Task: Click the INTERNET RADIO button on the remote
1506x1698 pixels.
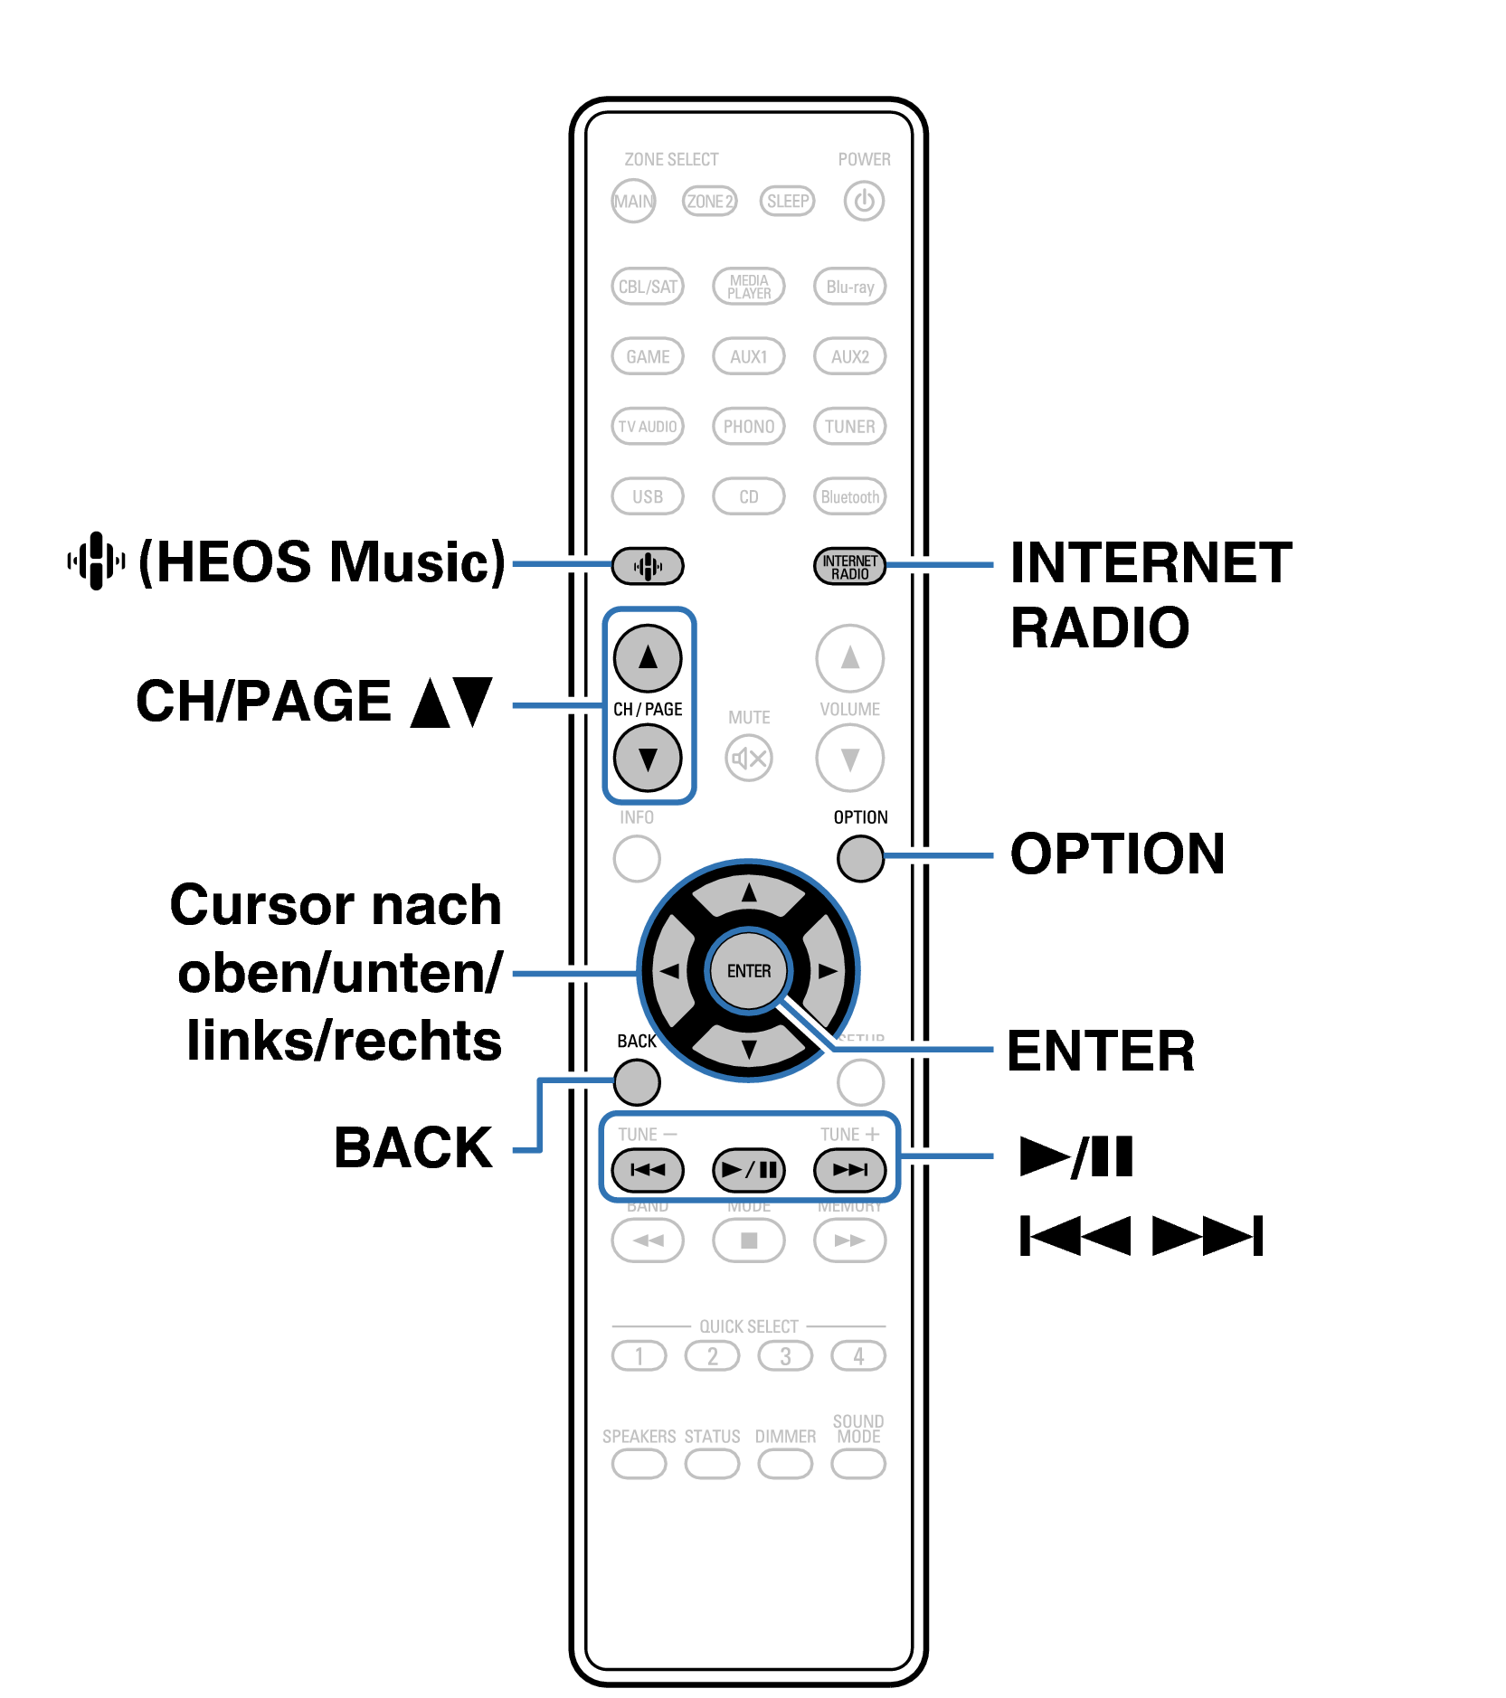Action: tap(849, 566)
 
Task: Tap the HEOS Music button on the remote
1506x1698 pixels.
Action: tap(648, 566)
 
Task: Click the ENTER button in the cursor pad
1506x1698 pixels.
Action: tap(749, 970)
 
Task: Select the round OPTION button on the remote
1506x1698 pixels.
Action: tap(860, 857)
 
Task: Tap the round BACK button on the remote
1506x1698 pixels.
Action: tap(637, 1081)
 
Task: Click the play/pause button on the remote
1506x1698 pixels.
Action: tap(749, 1169)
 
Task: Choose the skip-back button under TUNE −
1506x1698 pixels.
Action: tap(648, 1169)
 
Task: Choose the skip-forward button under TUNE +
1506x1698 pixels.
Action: tap(849, 1169)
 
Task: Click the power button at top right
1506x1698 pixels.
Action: tap(864, 201)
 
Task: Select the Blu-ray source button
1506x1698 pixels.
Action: tap(849, 287)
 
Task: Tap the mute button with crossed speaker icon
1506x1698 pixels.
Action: tap(749, 758)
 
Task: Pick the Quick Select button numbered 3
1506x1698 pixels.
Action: tap(785, 1355)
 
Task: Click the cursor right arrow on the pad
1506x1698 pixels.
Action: tap(827, 970)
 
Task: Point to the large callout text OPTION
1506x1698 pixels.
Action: tap(1117, 854)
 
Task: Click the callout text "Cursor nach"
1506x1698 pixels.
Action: tap(336, 905)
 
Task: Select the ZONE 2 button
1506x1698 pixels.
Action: tap(709, 201)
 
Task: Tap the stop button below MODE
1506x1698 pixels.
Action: tap(749, 1240)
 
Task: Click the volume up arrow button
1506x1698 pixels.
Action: tap(849, 657)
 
